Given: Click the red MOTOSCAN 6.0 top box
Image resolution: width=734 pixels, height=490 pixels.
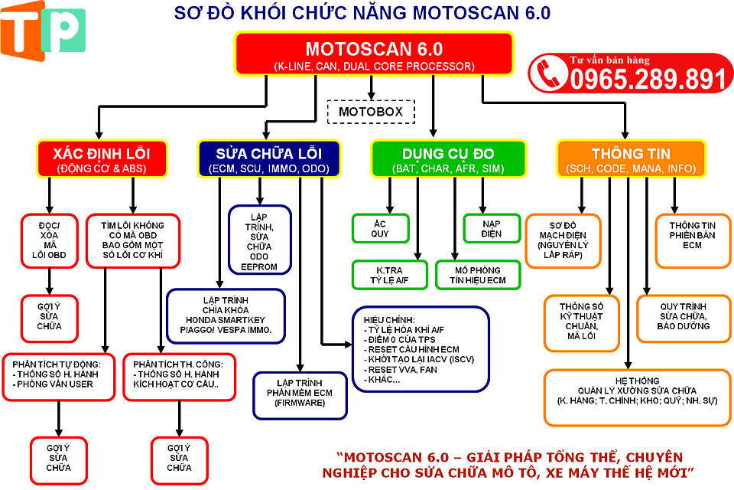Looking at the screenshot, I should [x=373, y=54].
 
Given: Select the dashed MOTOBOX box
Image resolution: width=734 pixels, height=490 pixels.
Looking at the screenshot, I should [x=370, y=112].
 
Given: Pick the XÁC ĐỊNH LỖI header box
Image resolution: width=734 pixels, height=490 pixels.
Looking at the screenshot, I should [x=101, y=158].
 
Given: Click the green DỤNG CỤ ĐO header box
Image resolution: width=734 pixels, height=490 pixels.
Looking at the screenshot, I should [x=448, y=158].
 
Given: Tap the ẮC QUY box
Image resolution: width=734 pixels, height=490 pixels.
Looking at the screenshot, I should [x=380, y=227].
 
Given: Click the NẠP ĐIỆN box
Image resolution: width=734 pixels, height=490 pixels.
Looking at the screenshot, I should [x=492, y=227].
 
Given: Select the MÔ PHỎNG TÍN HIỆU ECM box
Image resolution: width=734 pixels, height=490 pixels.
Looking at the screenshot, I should [x=471, y=275].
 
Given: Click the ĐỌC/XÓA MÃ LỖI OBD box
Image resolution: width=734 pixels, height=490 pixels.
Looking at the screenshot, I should [x=50, y=240].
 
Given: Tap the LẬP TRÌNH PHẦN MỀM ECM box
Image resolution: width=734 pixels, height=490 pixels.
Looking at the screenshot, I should [x=300, y=395].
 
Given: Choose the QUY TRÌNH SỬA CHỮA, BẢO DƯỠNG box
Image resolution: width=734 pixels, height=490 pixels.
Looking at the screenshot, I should [x=683, y=318].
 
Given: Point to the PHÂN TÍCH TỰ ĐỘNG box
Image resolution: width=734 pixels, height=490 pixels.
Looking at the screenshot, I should [x=60, y=376].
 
